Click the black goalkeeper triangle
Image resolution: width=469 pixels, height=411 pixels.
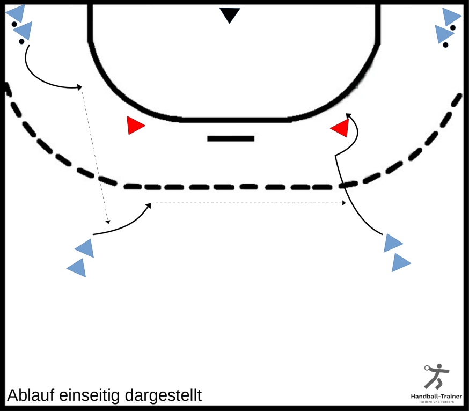coord(230,14)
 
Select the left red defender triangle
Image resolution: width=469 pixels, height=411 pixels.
coord(134,126)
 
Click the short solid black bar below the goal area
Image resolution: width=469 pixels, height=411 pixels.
coord(231,138)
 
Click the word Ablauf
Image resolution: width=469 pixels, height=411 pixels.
coord(31,395)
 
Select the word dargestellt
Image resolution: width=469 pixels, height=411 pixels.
coord(163,395)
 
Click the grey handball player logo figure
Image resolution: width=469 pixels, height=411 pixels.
coord(436,376)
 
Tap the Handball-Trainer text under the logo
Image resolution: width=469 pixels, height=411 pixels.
coord(436,397)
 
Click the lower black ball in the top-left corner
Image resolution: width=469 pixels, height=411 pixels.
coord(21,41)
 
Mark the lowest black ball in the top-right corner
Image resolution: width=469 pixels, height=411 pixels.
coord(445,45)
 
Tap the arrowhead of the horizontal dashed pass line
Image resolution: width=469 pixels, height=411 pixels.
coord(344,203)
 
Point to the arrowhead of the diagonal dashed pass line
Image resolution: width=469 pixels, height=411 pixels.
coord(108,222)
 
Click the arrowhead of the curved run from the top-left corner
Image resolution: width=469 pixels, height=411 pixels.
coord(79,87)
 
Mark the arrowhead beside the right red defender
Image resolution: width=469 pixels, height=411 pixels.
coord(348,115)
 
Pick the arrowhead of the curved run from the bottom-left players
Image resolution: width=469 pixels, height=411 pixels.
coord(148,205)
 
